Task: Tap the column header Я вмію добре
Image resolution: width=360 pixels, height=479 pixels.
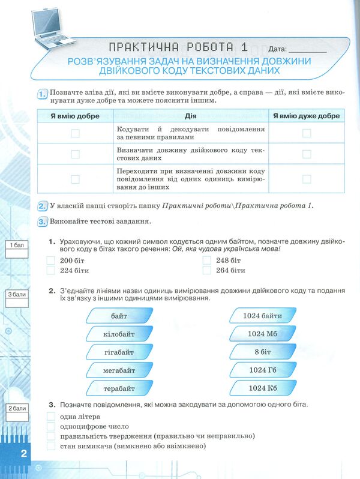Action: coord(75,116)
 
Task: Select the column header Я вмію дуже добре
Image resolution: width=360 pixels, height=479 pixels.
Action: coord(306,116)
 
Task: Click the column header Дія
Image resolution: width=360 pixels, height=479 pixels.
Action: coord(191,116)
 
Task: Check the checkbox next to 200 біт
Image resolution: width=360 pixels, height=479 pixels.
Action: coord(51,261)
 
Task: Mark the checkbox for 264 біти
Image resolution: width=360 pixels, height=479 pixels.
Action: coord(207,271)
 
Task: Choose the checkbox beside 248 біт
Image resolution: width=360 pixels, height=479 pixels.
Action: coord(207,261)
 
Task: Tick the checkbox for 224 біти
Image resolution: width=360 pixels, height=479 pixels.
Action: coord(51,271)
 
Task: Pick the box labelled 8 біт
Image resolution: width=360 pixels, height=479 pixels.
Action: coord(262,352)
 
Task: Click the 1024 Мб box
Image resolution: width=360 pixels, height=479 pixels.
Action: coord(262,334)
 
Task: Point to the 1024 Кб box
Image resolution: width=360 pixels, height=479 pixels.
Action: coord(262,388)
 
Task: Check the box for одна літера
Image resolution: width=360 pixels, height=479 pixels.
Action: coord(51,417)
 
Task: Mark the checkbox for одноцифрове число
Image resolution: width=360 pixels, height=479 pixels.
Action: coord(51,426)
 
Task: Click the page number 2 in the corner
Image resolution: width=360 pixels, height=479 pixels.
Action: coord(24,453)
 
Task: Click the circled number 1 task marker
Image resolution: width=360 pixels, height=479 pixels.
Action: coord(42,93)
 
